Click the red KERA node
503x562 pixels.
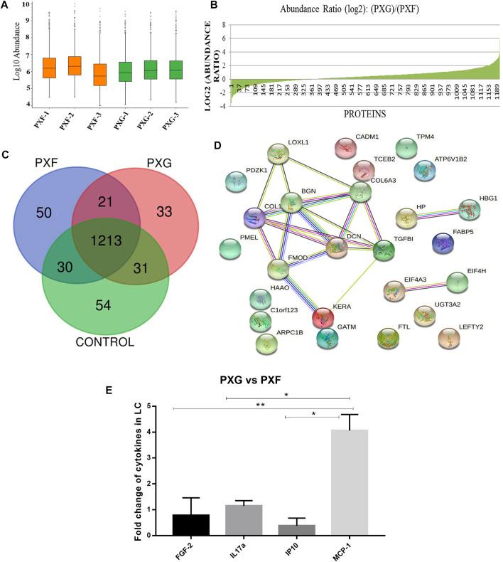tap(323, 318)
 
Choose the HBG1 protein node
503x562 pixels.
tap(470, 210)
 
